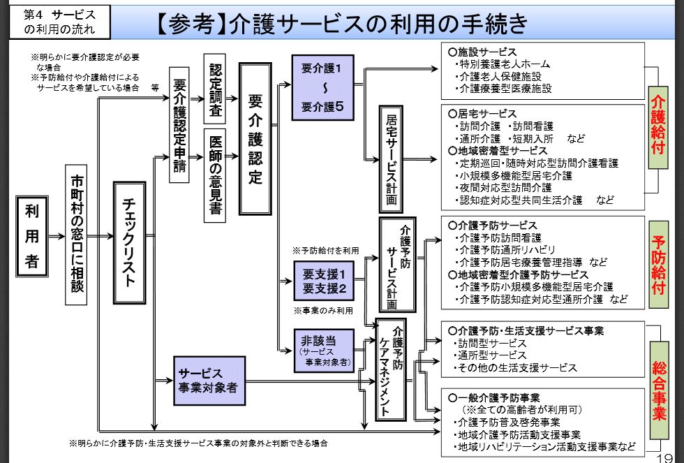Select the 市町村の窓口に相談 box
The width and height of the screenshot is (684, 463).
click(x=76, y=234)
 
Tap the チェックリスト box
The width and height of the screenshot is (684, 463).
click(x=128, y=242)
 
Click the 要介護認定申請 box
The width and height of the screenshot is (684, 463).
click(x=180, y=125)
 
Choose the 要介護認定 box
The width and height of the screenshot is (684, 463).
click(x=255, y=138)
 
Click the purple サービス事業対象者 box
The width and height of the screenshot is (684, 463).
click(x=209, y=381)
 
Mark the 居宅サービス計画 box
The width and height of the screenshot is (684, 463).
click(x=392, y=159)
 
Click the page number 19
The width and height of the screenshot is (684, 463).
click(x=669, y=453)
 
